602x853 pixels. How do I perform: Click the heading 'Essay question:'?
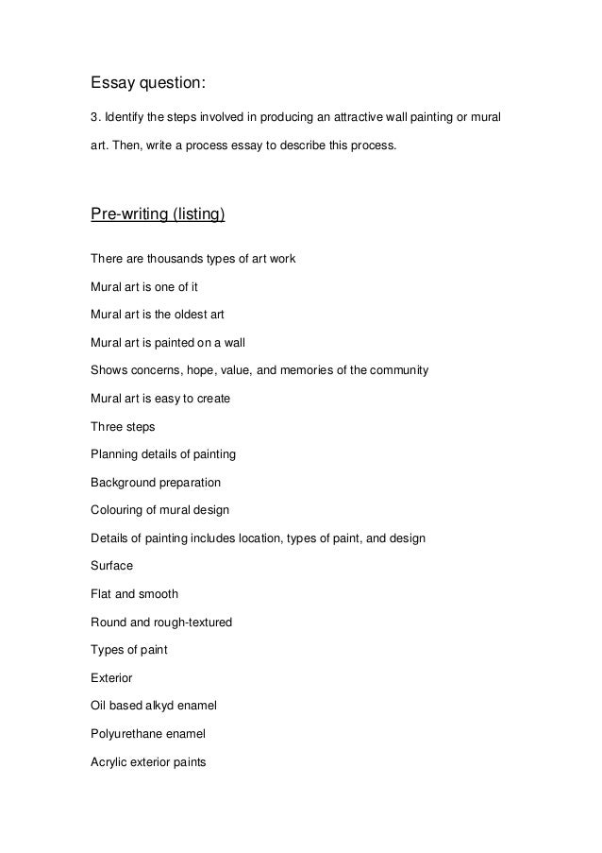(x=147, y=84)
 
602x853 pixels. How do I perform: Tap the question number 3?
(x=92, y=119)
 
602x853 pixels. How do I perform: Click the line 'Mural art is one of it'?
(x=143, y=285)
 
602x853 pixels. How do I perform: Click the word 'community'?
(x=398, y=369)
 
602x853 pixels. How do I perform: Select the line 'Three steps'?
(x=123, y=426)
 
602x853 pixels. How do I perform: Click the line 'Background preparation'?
(x=155, y=482)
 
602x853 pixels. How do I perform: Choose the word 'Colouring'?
(x=116, y=510)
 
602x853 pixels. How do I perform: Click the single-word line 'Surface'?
(x=111, y=566)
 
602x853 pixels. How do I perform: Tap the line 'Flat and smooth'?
(x=134, y=594)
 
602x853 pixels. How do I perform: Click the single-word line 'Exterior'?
(x=111, y=678)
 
